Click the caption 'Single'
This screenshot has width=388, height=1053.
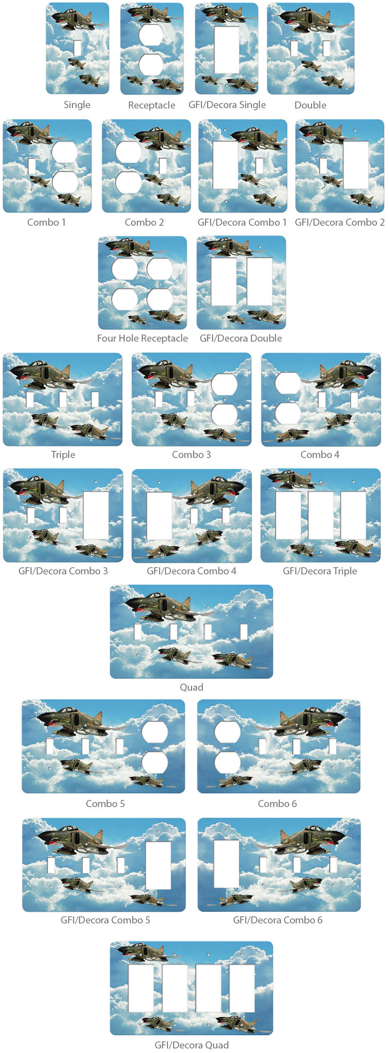[x=77, y=105]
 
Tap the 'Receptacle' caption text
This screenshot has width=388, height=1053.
[x=152, y=105]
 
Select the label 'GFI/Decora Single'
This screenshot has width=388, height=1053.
[x=227, y=105]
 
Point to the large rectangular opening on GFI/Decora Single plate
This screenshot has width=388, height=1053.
[x=227, y=50]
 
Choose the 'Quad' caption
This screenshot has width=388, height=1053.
[x=192, y=687]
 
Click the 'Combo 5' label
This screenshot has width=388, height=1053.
[x=105, y=804]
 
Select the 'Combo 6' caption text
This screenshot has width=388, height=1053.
[x=277, y=804]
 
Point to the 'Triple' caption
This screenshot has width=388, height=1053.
[x=63, y=455]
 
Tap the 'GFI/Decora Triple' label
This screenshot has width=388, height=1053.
[x=320, y=571]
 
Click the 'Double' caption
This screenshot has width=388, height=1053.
[x=310, y=105]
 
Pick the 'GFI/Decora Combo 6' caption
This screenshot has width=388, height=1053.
[x=278, y=920]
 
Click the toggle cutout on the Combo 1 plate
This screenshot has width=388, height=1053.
[x=32, y=166]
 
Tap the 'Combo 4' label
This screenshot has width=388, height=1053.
[x=320, y=455]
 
